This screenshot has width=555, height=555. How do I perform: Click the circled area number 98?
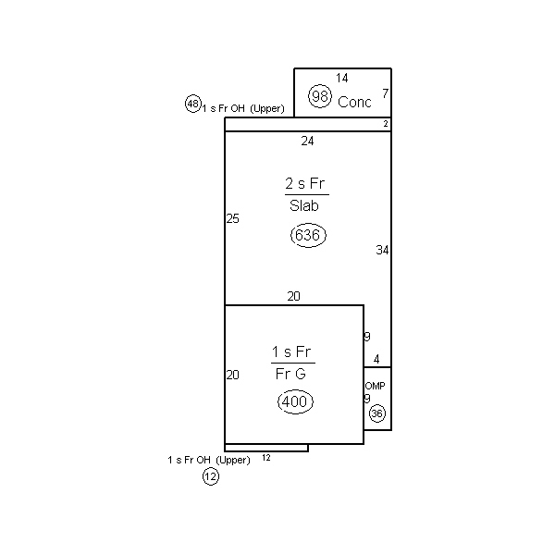320,96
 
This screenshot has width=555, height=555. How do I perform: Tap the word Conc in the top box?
354,102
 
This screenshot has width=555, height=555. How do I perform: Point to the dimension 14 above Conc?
342,78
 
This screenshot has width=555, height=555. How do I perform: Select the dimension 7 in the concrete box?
386,93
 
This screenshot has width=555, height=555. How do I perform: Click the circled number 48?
193,104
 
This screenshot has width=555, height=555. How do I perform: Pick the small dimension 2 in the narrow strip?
386,124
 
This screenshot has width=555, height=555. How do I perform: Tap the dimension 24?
307,142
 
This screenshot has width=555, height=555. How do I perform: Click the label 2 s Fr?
304,183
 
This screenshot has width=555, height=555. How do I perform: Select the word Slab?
304,205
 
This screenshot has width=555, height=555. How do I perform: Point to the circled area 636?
308,235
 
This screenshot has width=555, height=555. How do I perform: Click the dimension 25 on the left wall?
232,218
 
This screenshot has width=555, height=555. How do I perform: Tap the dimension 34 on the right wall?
382,251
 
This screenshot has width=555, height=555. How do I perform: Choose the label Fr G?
290,374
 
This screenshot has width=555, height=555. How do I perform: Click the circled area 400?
295,401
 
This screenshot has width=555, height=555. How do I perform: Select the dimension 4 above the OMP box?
376,360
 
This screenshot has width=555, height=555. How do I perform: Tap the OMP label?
375,386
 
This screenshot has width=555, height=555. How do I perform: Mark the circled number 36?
377,413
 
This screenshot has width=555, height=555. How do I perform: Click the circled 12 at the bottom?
211,476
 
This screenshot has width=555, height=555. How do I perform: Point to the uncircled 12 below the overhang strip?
266,458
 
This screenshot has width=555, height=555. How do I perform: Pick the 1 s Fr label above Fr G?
291,351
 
